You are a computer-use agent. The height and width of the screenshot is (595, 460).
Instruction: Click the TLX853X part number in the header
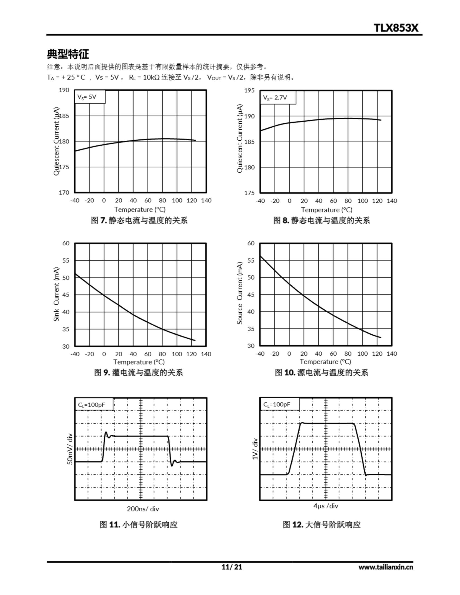pos(396,28)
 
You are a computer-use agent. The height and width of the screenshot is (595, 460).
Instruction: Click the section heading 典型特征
pos(68,54)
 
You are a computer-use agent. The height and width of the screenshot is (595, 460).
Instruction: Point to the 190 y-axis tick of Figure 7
pos(64,90)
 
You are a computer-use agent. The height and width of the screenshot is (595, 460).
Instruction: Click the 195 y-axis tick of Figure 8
pos(249,90)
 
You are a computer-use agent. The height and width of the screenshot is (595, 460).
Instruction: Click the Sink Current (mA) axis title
pos(56,294)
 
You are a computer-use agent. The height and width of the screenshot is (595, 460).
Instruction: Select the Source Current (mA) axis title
pos(240,293)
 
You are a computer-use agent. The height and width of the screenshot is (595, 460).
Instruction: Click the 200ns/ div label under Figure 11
pos(143,509)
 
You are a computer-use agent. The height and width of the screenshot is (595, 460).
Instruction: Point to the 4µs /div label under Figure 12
pos(326,506)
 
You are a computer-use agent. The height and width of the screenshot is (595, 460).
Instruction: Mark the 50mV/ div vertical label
pos(70,449)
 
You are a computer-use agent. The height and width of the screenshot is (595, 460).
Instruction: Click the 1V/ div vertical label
pos(255,449)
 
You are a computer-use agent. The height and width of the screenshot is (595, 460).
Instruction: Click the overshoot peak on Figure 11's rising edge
pos(106,432)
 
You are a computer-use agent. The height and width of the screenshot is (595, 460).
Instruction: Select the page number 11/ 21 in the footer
pos(231,567)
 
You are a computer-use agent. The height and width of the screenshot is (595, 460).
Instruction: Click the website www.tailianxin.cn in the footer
pos(385,567)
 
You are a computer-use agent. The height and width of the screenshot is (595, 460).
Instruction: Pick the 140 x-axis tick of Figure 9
pos(206,354)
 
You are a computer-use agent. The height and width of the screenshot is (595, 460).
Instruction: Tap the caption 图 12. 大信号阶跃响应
pos(321,524)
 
